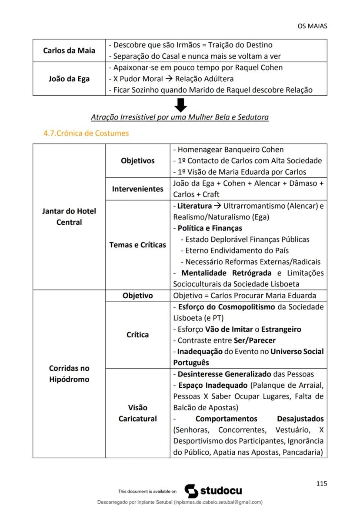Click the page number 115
pos(321,483)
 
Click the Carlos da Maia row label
pos(69,50)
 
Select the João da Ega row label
pos(69,79)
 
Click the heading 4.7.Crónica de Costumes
pos(86,133)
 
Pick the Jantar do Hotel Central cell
pos(69,216)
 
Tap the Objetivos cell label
pos(137,160)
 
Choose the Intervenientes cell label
pos(137,189)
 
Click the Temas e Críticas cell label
pos(137,245)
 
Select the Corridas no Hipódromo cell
pos(69,373)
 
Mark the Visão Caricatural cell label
pos(137,413)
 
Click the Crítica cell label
pos(137,334)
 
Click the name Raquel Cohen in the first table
pos(258,67)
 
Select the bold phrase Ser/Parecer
pos(252,340)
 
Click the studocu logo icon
pos(191,491)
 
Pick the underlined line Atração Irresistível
pos(180,117)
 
